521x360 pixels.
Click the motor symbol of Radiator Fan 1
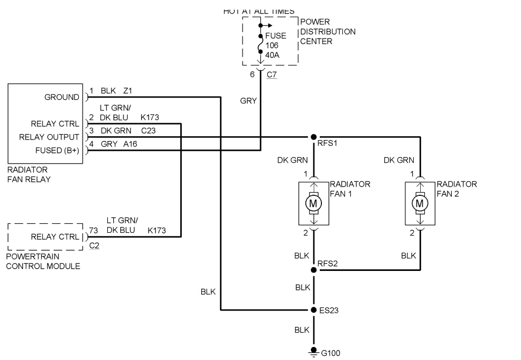[x=313, y=203]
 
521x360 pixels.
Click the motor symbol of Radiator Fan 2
[x=420, y=203]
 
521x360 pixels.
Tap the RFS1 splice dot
[x=313, y=137]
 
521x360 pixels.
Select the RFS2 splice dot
[x=313, y=270]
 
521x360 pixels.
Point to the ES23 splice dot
[x=313, y=310]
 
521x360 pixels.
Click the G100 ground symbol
[x=313, y=352]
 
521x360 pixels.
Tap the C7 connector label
[x=271, y=75]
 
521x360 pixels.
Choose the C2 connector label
[x=94, y=245]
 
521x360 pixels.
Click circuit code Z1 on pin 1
[x=128, y=91]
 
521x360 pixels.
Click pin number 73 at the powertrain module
[x=94, y=231]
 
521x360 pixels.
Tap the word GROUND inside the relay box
[x=62, y=97]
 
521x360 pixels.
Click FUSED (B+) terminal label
[x=57, y=151]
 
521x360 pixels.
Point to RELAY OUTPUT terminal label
[x=49, y=137]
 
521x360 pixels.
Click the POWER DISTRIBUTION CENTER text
[x=327, y=32]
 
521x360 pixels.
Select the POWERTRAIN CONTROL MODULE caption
[x=43, y=261]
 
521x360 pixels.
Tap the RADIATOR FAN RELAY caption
[x=30, y=174]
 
